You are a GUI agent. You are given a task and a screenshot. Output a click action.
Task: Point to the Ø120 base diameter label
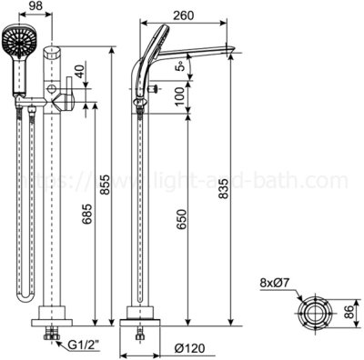pos(190,347)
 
